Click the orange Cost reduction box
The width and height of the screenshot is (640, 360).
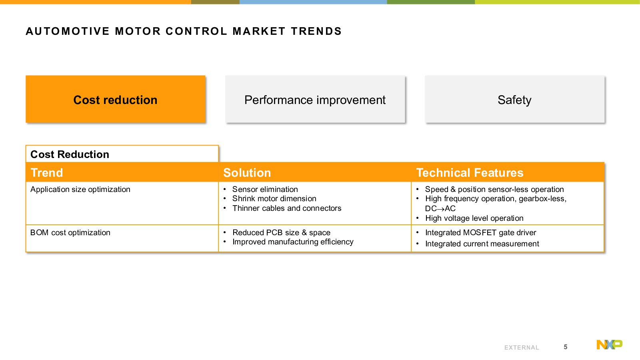116,99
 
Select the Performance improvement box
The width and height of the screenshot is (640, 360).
315,99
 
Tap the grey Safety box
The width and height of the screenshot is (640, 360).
514,99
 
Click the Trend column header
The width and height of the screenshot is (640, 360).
46,172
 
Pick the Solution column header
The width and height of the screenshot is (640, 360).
247,172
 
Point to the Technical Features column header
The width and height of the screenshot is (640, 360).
470,172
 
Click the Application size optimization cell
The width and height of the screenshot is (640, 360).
80,190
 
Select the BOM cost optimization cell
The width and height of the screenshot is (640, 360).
70,232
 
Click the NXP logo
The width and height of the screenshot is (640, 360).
610,344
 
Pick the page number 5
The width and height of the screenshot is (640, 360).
566,347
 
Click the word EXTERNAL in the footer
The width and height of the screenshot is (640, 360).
522,348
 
